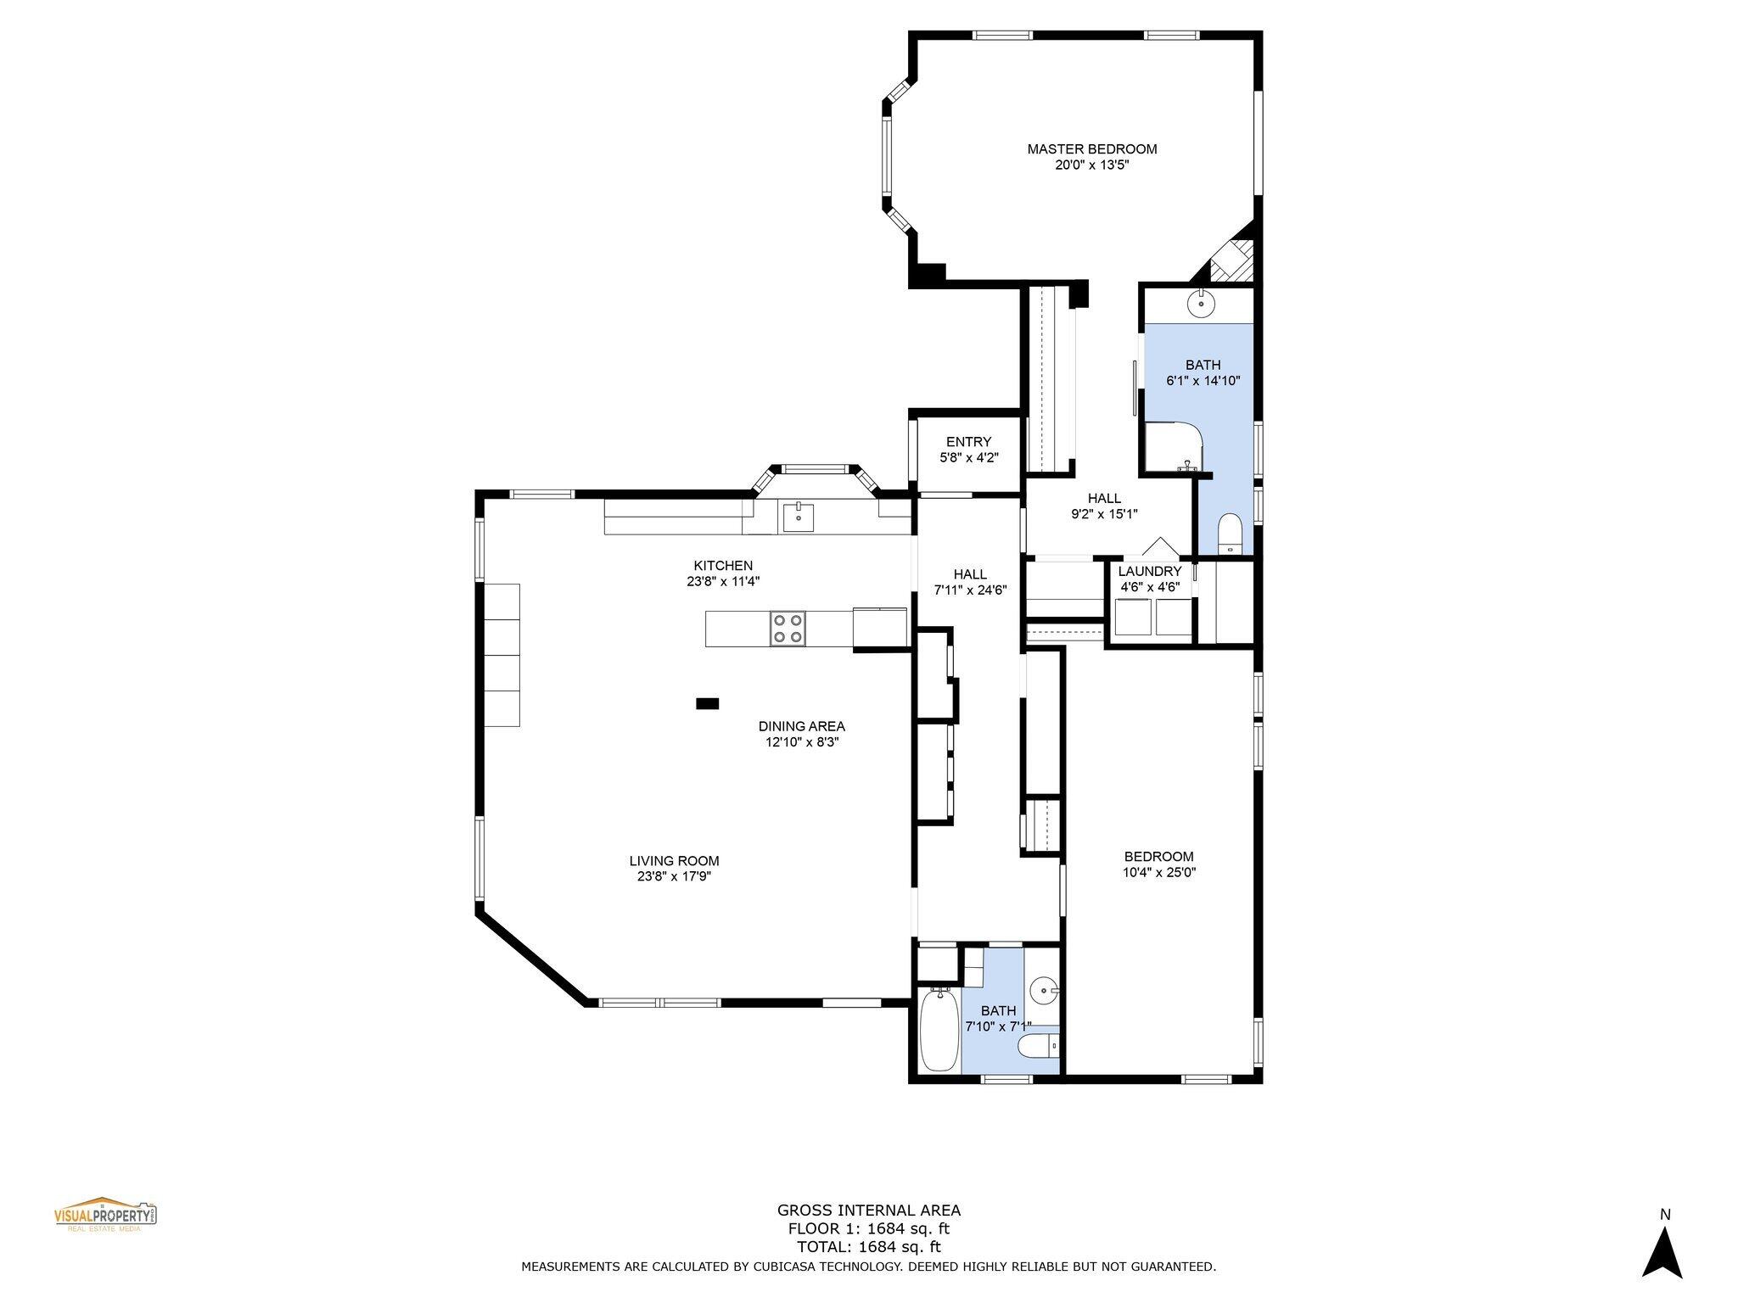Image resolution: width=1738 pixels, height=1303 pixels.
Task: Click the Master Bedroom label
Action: tap(1091, 149)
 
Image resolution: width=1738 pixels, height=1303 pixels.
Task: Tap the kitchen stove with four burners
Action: tap(788, 629)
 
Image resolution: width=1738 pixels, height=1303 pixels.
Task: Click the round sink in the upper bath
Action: tap(1201, 303)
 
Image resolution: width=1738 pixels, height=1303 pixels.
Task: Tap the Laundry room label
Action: tap(1149, 571)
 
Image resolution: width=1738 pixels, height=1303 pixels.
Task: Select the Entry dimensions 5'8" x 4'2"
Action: tap(968, 457)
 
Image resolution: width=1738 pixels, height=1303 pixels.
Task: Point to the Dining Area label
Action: tap(801, 726)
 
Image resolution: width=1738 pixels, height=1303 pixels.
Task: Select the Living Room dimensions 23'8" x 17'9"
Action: tap(674, 876)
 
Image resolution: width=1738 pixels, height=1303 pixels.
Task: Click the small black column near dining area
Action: tap(707, 703)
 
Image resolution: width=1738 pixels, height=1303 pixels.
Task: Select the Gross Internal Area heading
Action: tap(868, 1211)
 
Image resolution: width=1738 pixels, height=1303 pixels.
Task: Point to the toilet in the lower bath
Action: tap(1039, 1045)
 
